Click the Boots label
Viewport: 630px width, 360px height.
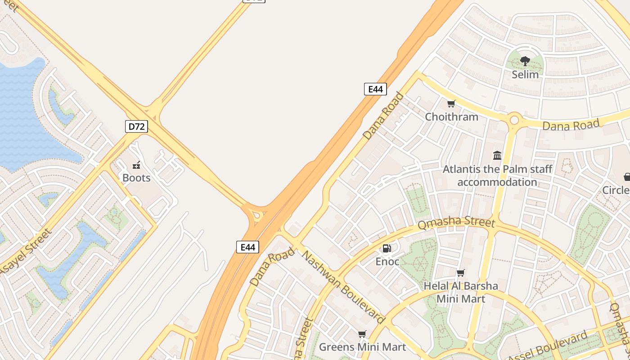coord(136,178)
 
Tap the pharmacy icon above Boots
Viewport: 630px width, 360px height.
coord(136,165)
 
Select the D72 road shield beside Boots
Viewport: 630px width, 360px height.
coord(136,126)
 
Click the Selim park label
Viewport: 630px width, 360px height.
coord(525,74)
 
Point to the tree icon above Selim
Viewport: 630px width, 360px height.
coord(525,61)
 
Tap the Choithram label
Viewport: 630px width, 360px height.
coord(451,117)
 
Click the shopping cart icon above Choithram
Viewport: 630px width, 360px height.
coord(451,104)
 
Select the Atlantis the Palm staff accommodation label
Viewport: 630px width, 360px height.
coord(497,175)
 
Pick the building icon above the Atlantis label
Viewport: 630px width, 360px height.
coord(497,156)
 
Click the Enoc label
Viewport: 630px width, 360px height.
coord(387,261)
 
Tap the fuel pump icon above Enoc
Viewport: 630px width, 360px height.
coord(387,248)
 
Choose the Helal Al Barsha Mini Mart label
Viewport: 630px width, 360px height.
coord(461,292)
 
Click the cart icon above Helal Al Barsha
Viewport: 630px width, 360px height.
coord(460,273)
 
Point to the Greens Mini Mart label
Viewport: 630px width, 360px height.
coord(362,347)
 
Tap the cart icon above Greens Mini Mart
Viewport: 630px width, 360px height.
coord(362,334)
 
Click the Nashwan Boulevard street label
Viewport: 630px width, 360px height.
coord(343,287)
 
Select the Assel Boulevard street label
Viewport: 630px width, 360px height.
coord(548,346)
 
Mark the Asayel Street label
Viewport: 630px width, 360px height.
coord(26,252)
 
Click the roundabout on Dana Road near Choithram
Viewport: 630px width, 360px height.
coord(514,120)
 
